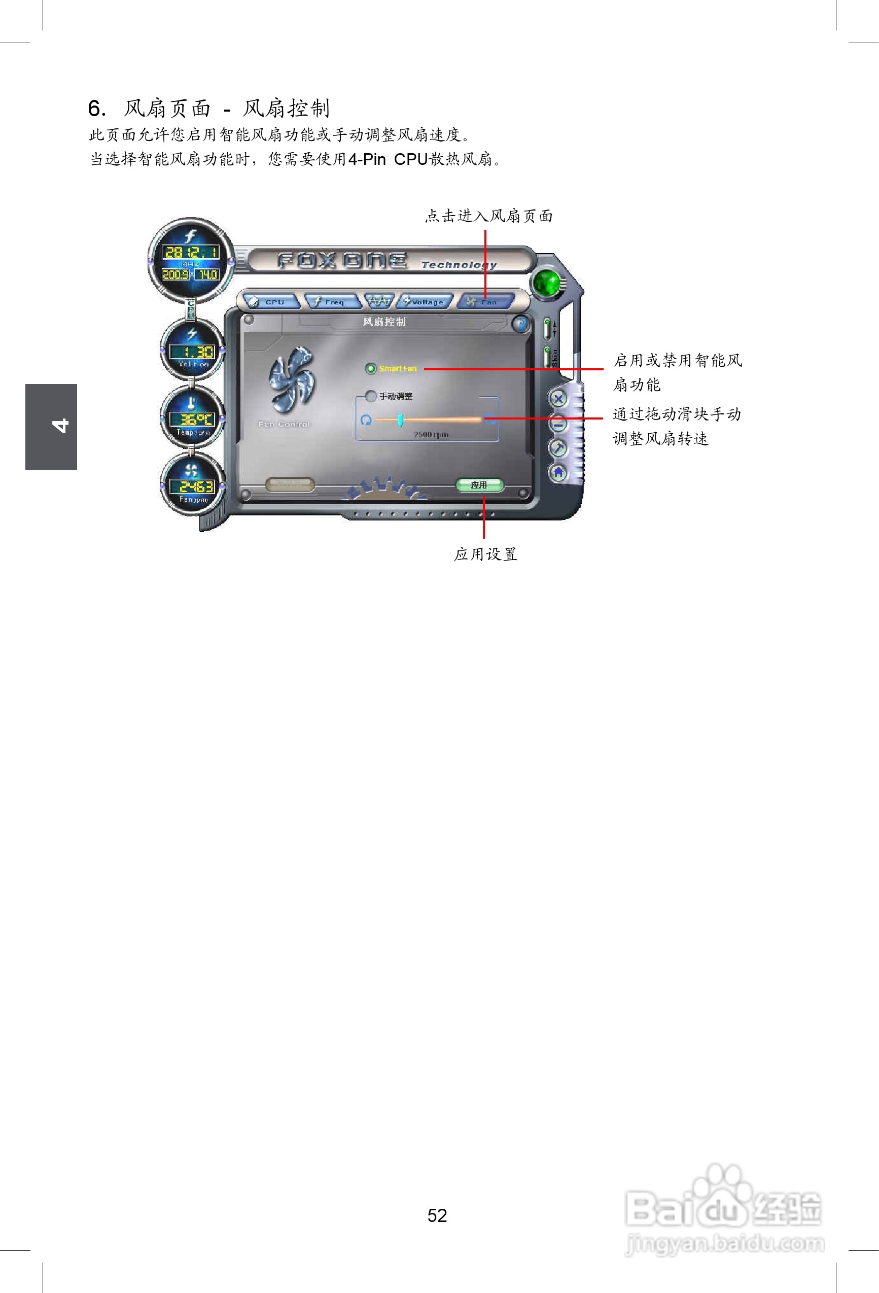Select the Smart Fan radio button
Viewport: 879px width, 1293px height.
[x=370, y=368]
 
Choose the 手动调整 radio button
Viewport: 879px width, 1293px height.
[x=370, y=396]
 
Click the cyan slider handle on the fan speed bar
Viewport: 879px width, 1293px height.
[x=400, y=420]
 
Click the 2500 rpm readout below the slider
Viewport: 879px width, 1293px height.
[x=431, y=434]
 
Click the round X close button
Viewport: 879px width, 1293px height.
[x=558, y=398]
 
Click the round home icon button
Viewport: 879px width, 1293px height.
[x=558, y=472]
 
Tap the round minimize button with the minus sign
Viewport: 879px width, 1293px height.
[x=558, y=424]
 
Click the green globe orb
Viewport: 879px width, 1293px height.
[x=547, y=283]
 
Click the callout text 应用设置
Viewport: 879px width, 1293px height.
[x=485, y=554]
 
